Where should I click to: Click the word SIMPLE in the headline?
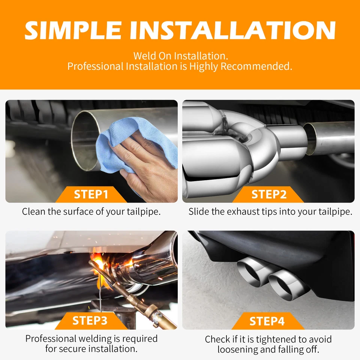[73, 30]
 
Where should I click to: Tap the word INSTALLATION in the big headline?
[232, 30]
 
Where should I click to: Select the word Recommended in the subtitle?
[256, 66]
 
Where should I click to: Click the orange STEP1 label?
[91, 195]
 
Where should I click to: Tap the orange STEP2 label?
[268, 195]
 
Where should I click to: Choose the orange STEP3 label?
[90, 321]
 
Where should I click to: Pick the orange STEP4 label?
[267, 321]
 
